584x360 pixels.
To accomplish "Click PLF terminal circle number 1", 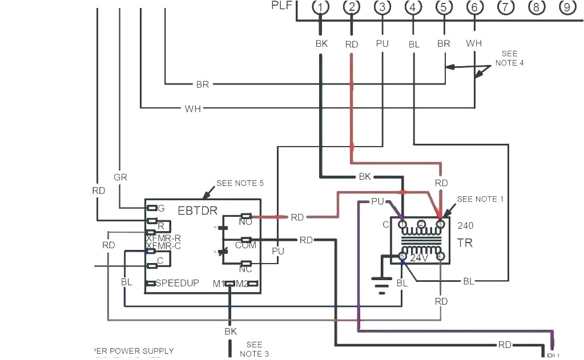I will pyautogui.click(x=321, y=7).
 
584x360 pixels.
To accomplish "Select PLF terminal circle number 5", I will pyautogui.click(x=444, y=7).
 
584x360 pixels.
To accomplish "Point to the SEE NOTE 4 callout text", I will pyautogui.click(x=509, y=58).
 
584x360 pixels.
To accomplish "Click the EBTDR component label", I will pyautogui.click(x=197, y=211).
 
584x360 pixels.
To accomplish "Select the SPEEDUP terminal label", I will pyautogui.click(x=177, y=283).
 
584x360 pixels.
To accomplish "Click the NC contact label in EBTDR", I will pyautogui.click(x=246, y=269).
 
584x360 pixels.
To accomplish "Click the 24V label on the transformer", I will pyautogui.click(x=420, y=258).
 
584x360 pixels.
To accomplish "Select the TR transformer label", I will pyautogui.click(x=464, y=243).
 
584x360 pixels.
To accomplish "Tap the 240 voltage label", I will pyautogui.click(x=465, y=225).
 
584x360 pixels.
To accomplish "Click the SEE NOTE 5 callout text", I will pyautogui.click(x=240, y=184).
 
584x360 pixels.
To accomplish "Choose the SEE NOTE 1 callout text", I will pyautogui.click(x=480, y=199).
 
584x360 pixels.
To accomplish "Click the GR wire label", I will pyautogui.click(x=120, y=177).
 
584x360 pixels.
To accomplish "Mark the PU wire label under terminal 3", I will pyautogui.click(x=382, y=43).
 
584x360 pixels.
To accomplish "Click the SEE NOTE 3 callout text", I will pyautogui.click(x=254, y=349).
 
